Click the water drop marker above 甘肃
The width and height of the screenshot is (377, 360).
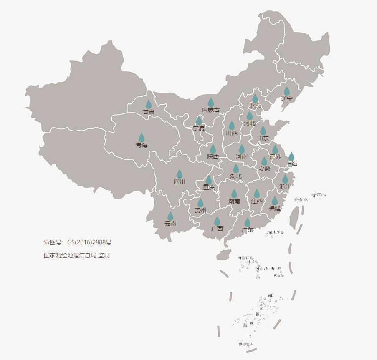pos(149,104)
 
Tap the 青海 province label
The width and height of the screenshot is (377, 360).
pos(142,145)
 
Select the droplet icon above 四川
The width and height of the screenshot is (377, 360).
pos(180,174)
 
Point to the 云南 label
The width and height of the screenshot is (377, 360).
pos(170,224)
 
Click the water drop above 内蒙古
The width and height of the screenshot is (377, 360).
pos(211,102)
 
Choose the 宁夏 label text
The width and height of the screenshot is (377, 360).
pos(199,128)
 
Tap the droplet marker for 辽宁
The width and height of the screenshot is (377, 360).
pos(287,91)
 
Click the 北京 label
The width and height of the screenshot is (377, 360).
pos(255,106)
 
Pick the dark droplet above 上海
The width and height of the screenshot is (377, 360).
pos(291,156)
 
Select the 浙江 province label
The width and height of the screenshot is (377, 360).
pos(285,186)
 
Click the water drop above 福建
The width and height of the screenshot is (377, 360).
pos(275,201)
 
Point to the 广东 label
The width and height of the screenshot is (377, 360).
pos(248,230)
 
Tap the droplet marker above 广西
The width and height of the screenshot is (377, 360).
pos(217,221)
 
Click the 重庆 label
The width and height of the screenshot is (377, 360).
pos(209,187)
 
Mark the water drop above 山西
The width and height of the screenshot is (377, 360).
pos(232,126)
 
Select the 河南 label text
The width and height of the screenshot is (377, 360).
pos(242,156)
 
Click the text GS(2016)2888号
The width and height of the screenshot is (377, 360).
pos(89,242)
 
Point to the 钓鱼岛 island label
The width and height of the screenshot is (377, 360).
pos(301,201)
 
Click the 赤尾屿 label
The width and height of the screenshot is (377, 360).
pos(319,195)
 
